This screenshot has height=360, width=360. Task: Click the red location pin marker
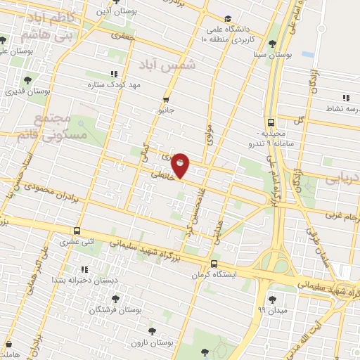click(x=181, y=165)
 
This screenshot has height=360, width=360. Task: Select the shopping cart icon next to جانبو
click(x=166, y=99)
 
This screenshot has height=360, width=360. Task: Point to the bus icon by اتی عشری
click(x=77, y=231)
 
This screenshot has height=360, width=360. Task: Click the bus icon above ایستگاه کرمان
click(x=214, y=264)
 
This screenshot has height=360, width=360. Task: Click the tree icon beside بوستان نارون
click(x=152, y=330)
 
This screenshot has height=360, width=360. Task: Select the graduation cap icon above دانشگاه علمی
click(x=227, y=19)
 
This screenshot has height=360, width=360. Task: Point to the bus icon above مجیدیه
click(x=271, y=121)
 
